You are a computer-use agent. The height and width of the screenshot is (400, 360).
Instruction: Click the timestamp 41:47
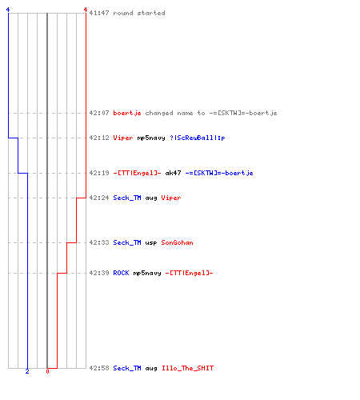pyautogui.click(x=99, y=13)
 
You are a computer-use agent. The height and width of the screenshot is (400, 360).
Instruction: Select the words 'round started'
pyautogui.click(x=139, y=13)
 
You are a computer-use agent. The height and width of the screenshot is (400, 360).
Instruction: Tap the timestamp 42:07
pyautogui.click(x=99, y=113)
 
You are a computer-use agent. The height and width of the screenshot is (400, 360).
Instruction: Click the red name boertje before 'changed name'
pyautogui.click(x=127, y=113)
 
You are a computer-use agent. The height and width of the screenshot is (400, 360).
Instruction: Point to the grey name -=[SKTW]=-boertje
pyautogui.click(x=243, y=113)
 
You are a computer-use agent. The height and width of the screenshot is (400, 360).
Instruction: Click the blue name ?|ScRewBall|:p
pyautogui.click(x=198, y=138)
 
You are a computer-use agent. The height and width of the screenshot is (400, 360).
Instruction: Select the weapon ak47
pyautogui.click(x=173, y=173)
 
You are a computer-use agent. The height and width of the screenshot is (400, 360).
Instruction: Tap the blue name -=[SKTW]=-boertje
pyautogui.click(x=219, y=173)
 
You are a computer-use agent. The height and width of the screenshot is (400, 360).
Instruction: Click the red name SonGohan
pyautogui.click(x=177, y=242)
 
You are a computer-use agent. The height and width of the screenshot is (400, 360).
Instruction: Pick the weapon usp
pyautogui.click(x=151, y=243)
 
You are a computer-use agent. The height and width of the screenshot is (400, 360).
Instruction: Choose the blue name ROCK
pyautogui.click(x=121, y=273)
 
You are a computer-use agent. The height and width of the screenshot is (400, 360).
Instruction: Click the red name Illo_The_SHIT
pyautogui.click(x=187, y=368)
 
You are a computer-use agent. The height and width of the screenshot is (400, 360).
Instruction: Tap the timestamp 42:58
pyautogui.click(x=99, y=368)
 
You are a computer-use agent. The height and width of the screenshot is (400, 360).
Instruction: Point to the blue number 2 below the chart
pyautogui.click(x=27, y=371)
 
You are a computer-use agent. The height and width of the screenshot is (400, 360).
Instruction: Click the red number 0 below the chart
pyautogui.click(x=47, y=371)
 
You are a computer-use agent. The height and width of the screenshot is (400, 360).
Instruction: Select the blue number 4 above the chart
pyautogui.click(x=8, y=10)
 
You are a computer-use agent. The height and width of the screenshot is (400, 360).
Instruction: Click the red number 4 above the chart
pyautogui.click(x=86, y=10)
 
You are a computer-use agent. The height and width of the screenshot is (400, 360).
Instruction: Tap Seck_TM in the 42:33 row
pyautogui.click(x=127, y=242)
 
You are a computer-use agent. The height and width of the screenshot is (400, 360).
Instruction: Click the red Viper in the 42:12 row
pyautogui.click(x=123, y=138)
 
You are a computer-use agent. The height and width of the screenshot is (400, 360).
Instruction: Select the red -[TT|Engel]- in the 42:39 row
pyautogui.click(x=189, y=273)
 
